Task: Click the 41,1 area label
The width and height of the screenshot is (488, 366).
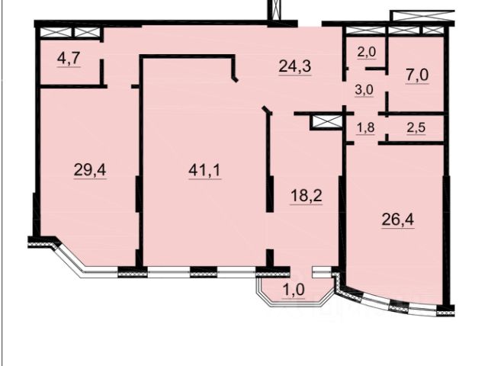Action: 204,170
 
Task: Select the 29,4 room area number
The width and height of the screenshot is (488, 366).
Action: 90,170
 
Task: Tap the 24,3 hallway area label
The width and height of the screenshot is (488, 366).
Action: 295,66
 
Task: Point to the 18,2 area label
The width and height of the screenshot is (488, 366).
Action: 306,196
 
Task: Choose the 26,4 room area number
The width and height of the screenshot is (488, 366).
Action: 398,220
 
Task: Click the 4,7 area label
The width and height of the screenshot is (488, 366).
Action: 69,58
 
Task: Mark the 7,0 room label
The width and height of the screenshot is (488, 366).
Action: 417,75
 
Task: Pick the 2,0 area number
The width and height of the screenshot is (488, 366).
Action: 367,52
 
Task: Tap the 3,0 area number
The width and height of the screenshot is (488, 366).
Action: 364,90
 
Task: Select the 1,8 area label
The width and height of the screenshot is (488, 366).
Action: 365,127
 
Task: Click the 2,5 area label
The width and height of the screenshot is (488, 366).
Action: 416,127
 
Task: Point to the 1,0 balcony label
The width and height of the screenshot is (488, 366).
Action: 294,291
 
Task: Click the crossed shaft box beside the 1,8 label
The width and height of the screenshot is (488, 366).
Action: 326,122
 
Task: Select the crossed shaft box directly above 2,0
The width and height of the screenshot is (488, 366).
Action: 364,30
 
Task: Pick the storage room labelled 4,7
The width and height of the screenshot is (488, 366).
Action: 69,62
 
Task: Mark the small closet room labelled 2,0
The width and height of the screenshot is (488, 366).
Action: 366,51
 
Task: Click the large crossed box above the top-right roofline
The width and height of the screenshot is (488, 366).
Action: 422,16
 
